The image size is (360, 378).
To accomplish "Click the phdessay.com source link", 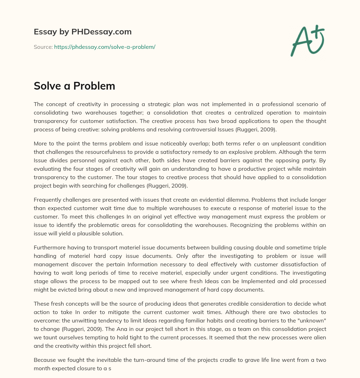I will tap(104, 47).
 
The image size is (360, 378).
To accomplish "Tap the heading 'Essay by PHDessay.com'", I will tap(83, 32).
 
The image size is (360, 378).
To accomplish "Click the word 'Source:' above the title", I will tap(43, 47).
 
